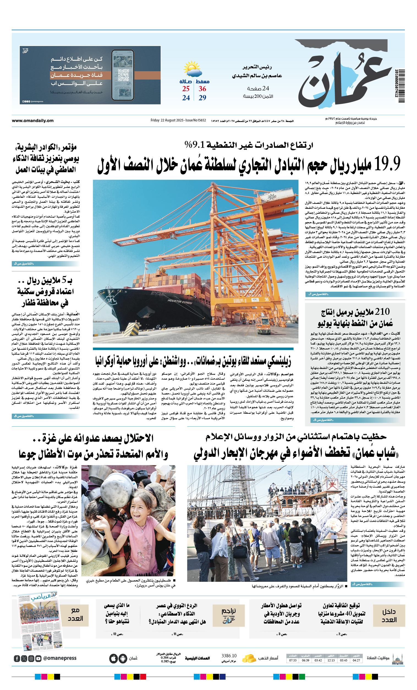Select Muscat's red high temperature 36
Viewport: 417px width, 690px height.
coord(202,89)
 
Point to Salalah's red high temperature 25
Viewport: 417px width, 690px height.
coord(186,89)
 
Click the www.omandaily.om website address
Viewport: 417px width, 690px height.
coord(32,121)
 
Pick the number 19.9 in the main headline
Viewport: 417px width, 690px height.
coord(387,164)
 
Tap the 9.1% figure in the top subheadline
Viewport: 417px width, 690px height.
coord(195,145)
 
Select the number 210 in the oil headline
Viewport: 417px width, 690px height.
coord(382,311)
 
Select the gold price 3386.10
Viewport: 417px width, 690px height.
coord(229,656)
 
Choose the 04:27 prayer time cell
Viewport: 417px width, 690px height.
coord(356,660)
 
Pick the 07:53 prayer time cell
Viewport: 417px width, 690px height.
coord(293,660)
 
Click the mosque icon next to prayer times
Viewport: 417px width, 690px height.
coord(397,658)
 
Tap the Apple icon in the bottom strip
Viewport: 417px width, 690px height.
coord(114,658)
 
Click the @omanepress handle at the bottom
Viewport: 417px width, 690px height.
coord(60,658)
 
